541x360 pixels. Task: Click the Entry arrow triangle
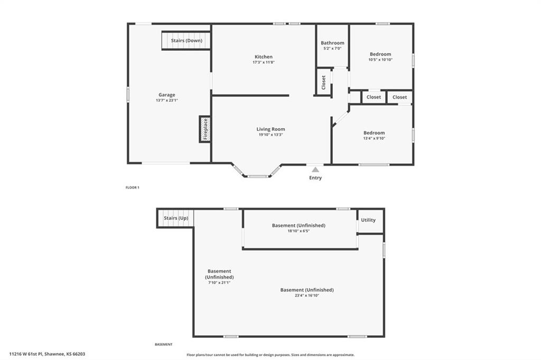click(315, 169)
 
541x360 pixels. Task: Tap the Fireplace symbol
click(206, 129)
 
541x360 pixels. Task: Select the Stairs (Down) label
click(186, 40)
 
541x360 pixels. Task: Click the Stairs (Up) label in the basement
click(176, 218)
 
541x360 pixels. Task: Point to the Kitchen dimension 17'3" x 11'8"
click(264, 62)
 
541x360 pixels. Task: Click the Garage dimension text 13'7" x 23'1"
click(166, 100)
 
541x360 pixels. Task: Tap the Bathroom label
click(333, 43)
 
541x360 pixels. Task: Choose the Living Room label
click(271, 129)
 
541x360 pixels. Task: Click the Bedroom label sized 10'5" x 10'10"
click(380, 54)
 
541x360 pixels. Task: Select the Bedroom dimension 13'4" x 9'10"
click(374, 138)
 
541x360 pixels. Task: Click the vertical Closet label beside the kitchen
click(324, 82)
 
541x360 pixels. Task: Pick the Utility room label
click(368, 220)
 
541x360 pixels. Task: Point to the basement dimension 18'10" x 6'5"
click(299, 231)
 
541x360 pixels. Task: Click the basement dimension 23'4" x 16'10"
click(307, 296)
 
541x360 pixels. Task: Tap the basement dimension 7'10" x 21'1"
click(219, 282)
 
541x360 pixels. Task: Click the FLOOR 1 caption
click(133, 187)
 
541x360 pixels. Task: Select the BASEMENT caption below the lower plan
click(164, 344)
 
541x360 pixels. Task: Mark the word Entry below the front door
click(315, 177)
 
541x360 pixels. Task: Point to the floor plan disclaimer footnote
click(270, 355)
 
